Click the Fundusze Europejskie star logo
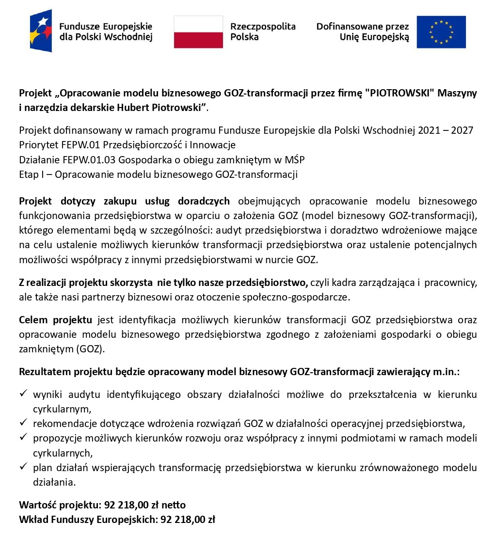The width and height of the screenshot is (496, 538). (x=41, y=31)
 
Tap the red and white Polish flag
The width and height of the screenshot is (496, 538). (x=198, y=32)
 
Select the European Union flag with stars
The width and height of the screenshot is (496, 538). (x=441, y=32)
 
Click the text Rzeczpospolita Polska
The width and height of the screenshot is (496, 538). (x=262, y=32)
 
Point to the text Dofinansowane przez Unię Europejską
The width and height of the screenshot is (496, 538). (x=363, y=32)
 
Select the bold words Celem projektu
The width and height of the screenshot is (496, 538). (x=55, y=320)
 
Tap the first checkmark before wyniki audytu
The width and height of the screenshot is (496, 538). (x=24, y=394)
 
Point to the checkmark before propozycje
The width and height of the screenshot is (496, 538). (x=24, y=438)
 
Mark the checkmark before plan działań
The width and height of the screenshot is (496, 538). (x=24, y=468)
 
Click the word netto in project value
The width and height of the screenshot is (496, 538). (x=173, y=505)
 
